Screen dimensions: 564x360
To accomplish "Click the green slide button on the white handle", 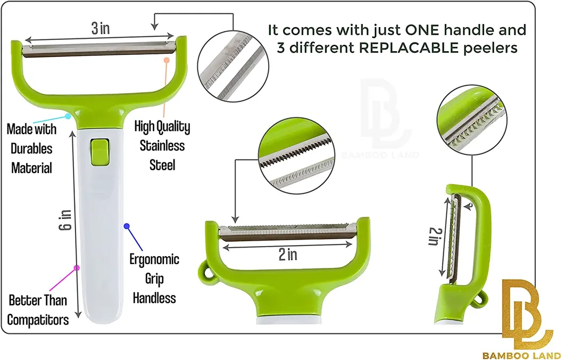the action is [x=100, y=152].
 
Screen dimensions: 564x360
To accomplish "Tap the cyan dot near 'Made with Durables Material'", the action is [x=68, y=116].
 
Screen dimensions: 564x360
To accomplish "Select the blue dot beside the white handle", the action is [x=127, y=226].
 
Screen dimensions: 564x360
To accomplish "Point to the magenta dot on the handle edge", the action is [x=76, y=268].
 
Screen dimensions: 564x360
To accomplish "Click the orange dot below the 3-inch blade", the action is [x=166, y=61].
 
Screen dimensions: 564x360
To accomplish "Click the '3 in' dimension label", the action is [x=101, y=28].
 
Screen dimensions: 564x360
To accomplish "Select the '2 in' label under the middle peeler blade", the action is [x=288, y=255].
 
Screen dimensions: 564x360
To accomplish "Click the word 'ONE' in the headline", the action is [x=422, y=30].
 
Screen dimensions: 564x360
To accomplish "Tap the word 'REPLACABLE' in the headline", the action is [x=409, y=47].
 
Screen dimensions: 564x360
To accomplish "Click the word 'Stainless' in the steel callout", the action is [x=162, y=146].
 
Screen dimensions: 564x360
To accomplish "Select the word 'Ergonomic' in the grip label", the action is [x=154, y=259].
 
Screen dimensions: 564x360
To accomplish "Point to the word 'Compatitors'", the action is [x=38, y=320].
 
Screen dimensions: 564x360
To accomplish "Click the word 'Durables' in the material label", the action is [x=31, y=149].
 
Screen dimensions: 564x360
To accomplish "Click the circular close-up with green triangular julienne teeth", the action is [x=472, y=119].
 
